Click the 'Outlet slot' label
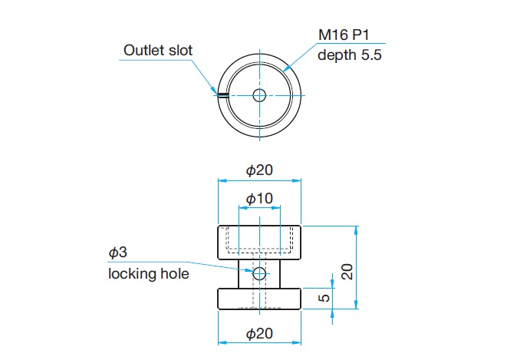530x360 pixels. click(x=158, y=51)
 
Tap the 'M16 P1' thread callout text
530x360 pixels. click(x=344, y=35)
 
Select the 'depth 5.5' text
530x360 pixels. click(x=350, y=54)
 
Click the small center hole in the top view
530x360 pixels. click(x=259, y=95)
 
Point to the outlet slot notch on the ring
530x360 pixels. click(x=222, y=95)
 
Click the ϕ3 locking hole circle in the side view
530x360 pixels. click(x=259, y=273)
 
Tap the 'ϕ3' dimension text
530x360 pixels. click(x=117, y=253)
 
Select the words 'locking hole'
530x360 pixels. click(x=148, y=274)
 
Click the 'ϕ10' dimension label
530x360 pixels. click(x=259, y=199)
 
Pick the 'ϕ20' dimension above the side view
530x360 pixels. click(x=259, y=170)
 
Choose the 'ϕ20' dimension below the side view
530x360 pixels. click(x=259, y=334)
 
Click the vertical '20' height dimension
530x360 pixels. click(x=347, y=272)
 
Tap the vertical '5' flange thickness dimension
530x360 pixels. click(x=324, y=298)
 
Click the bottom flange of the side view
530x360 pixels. click(x=259, y=299)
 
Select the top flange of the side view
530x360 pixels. click(x=259, y=243)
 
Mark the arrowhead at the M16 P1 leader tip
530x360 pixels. click(x=286, y=68)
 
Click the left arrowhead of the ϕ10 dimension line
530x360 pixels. click(x=242, y=207)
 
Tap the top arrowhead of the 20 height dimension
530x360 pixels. click(x=356, y=230)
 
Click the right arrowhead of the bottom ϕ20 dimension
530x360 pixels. click(x=297, y=343)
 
